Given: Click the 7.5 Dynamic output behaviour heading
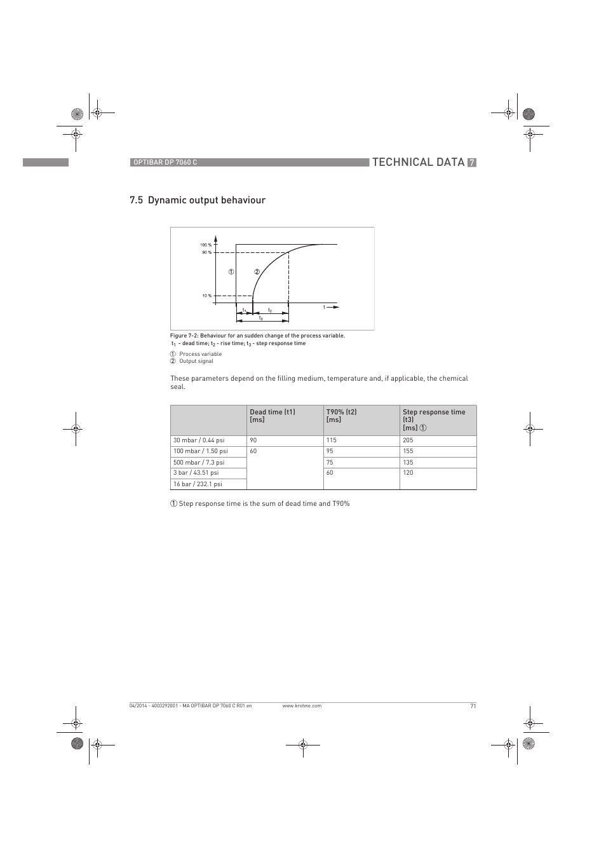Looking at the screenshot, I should pos(198,200).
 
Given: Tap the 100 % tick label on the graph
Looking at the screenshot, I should pos(206,245).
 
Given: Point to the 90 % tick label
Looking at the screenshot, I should pos(206,252).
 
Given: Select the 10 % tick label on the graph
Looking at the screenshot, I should pos(206,296).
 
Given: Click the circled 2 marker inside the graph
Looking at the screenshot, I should pos(257,272).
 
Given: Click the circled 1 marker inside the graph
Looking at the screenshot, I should pos(232,272).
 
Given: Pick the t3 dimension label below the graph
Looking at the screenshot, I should pos(260,318).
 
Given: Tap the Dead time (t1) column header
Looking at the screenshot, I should pos(273,412).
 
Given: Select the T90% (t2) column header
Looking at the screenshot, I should pos(341,412).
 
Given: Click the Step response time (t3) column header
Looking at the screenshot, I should pos(434,412).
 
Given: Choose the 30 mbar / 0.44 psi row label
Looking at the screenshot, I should pos(199,440).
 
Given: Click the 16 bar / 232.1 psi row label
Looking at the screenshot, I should pos(198,484).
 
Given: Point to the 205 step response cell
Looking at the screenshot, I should pos(408,440).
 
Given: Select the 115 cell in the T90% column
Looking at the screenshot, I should pos(332,440).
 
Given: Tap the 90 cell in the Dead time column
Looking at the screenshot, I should pos(253,440).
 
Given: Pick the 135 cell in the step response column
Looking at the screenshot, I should pos(408,463).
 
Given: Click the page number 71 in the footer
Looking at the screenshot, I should pos(473,706).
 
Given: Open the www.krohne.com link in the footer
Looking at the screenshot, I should pos(302,706).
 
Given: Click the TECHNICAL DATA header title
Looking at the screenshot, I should pos(418,162).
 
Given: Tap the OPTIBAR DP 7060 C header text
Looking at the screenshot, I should pos(165,163).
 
